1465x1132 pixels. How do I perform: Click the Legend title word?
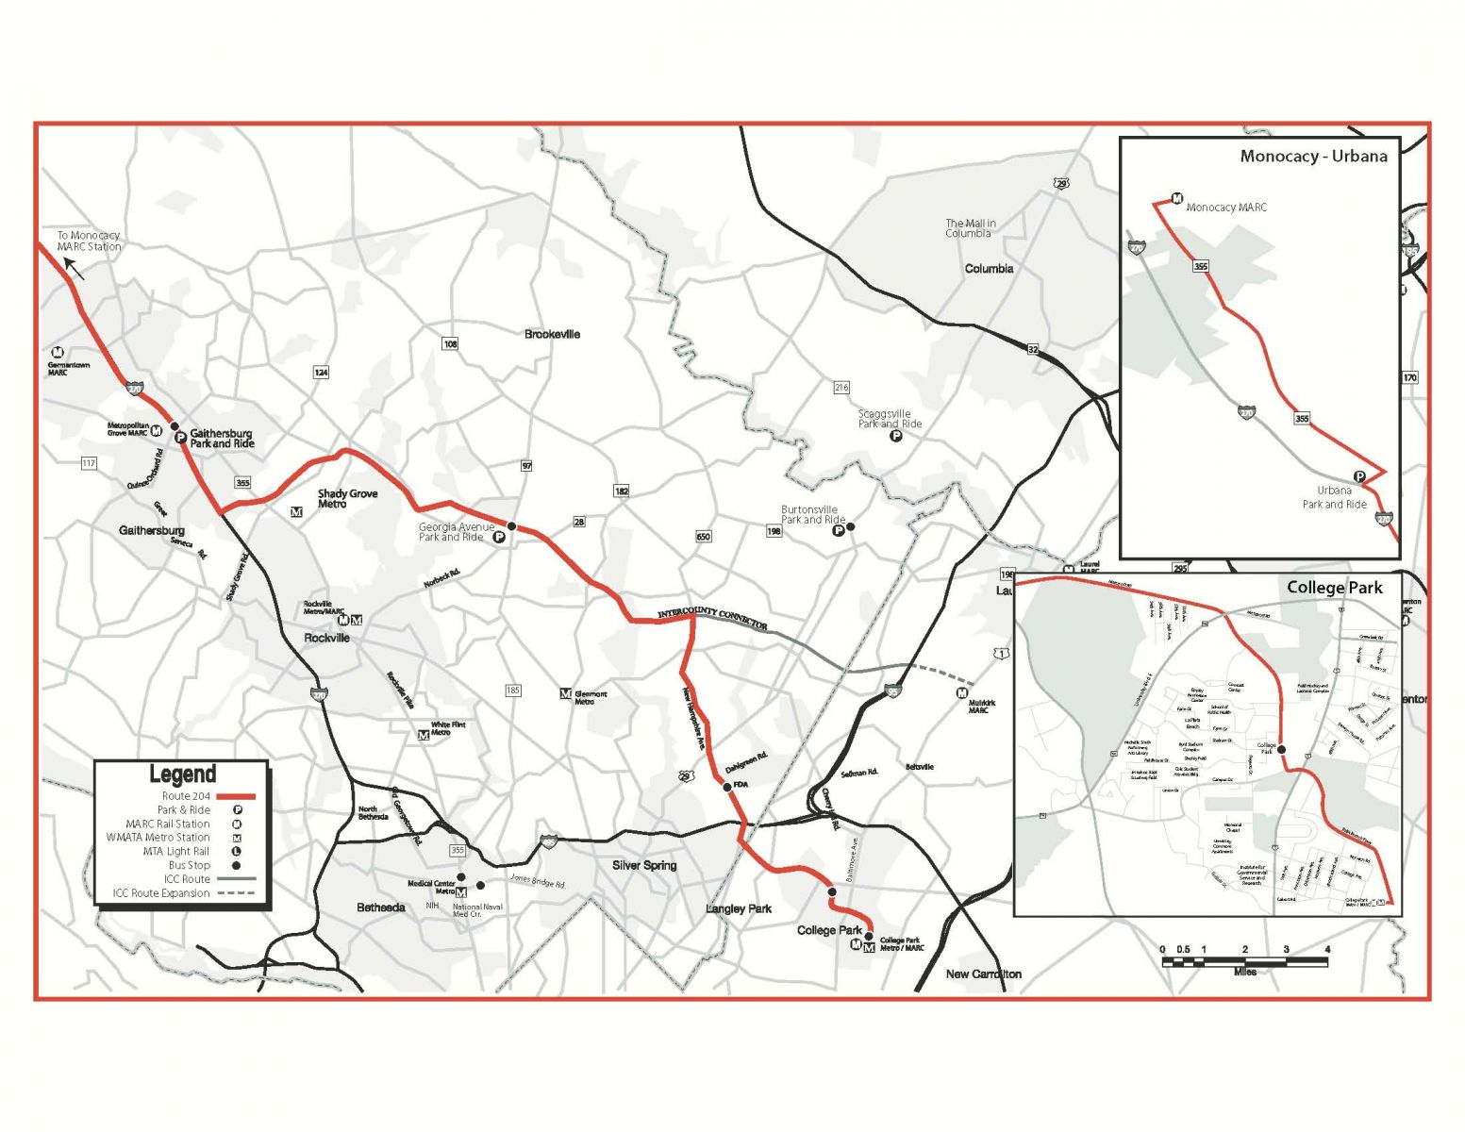click(x=182, y=774)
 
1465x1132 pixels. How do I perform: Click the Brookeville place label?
click(x=552, y=334)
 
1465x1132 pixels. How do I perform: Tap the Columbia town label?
click(x=989, y=269)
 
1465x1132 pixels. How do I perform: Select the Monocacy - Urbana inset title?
click(x=1313, y=157)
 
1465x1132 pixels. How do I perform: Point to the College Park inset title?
click(x=1334, y=588)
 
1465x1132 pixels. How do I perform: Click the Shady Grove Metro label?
click(x=346, y=498)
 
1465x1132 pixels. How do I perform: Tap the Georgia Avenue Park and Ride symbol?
click(x=499, y=537)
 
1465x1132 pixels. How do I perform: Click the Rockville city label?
click(x=326, y=639)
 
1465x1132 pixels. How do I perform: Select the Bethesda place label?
click(x=381, y=907)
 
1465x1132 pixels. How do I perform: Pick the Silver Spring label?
click(x=644, y=865)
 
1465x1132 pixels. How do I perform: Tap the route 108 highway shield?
click(x=450, y=344)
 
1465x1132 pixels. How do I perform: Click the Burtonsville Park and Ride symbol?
click(x=838, y=531)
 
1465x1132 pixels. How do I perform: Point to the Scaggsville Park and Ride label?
click(x=890, y=419)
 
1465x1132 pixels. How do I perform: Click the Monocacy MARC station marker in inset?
click(x=1176, y=199)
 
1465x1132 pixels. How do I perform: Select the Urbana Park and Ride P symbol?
click(x=1359, y=477)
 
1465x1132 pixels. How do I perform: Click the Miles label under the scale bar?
click(x=1244, y=973)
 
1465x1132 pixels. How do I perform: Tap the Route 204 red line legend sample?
click(x=236, y=796)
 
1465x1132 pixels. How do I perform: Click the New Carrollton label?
click(x=983, y=974)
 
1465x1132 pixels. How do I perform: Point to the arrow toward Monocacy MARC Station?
click(x=74, y=270)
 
